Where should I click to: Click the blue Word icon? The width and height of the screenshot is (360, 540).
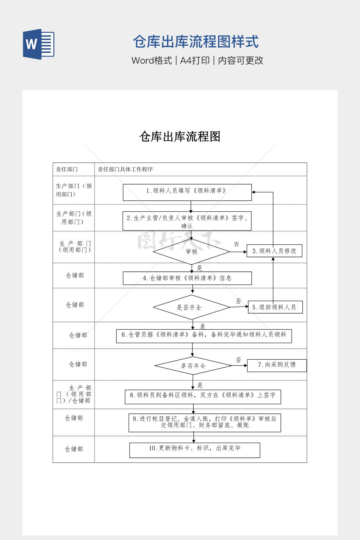[39, 44]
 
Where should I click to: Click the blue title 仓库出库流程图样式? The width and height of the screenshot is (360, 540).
[195, 42]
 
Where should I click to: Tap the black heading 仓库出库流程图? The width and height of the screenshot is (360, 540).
[180, 136]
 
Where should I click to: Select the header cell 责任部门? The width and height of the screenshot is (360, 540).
[67, 169]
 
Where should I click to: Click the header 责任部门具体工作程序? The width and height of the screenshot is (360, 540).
[125, 169]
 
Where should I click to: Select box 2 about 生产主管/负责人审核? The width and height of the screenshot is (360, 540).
[187, 221]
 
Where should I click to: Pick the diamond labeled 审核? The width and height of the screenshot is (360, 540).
[192, 251]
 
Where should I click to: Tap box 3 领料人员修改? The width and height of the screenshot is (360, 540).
[274, 251]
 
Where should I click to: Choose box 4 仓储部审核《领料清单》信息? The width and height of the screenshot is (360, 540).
[187, 278]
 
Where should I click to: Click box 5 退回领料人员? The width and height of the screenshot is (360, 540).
[275, 307]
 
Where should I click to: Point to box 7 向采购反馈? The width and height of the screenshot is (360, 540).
[277, 365]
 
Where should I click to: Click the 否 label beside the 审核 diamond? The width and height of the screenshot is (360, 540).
[236, 244]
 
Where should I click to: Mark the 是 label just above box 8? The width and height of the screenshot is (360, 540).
[200, 385]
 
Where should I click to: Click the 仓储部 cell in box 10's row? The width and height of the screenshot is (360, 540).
[74, 449]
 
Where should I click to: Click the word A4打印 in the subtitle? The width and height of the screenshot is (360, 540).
[195, 60]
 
